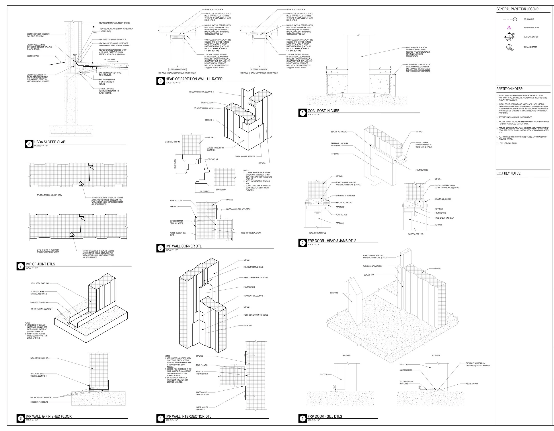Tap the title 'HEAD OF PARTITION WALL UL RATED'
(194, 79)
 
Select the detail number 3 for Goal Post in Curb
(302, 113)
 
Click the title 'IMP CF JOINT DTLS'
(40, 264)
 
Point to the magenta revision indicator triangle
(509, 28)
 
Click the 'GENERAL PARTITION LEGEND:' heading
(518, 9)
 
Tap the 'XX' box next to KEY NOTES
(499, 174)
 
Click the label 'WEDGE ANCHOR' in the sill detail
(472, 384)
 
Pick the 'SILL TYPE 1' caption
(347, 356)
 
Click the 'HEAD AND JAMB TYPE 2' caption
(317, 233)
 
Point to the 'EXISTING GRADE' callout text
(33, 56)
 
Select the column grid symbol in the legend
(515, 19)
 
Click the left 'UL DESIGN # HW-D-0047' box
(177, 69)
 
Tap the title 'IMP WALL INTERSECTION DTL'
(188, 417)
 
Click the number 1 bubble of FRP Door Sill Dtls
(302, 419)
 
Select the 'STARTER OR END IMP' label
(172, 142)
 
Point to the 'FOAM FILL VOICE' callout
(421, 170)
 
